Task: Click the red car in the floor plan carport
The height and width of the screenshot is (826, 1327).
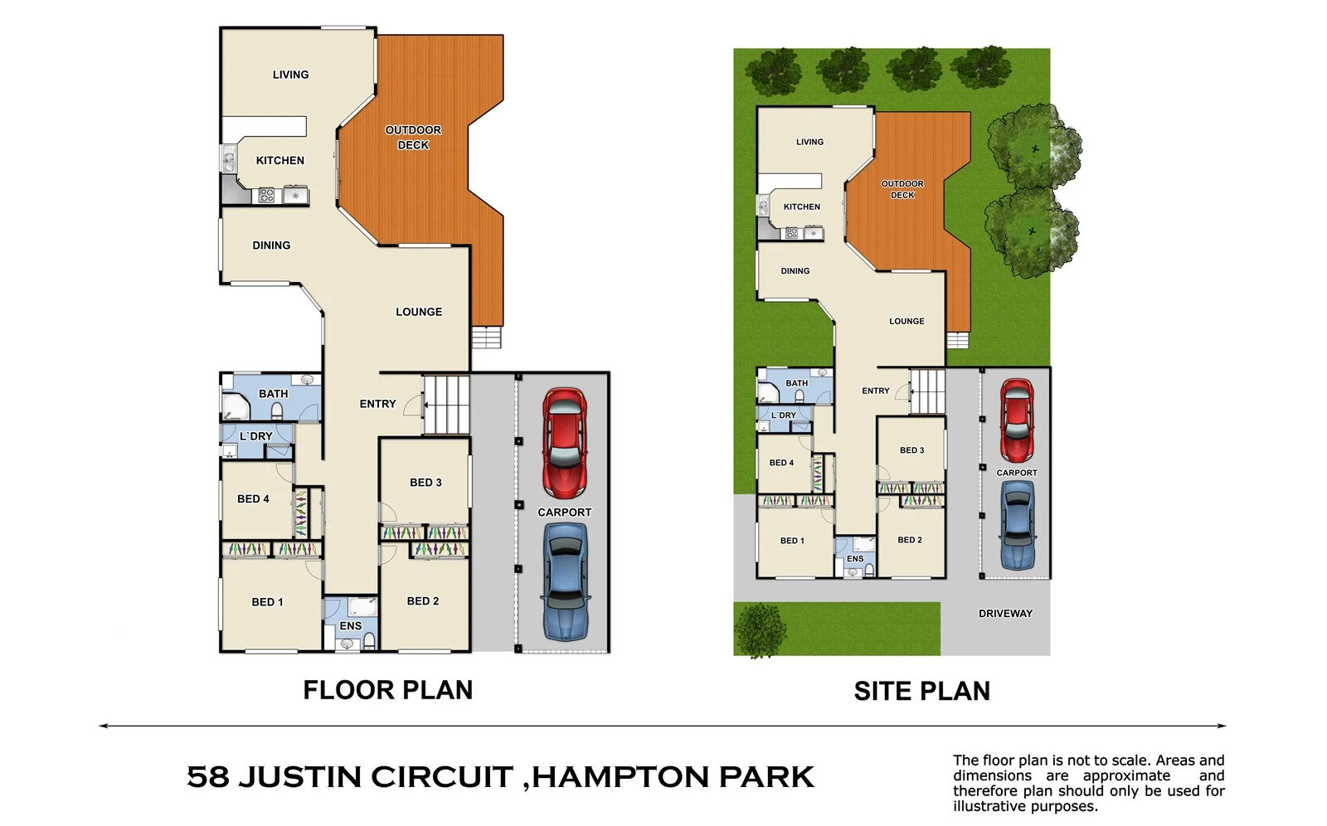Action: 565,443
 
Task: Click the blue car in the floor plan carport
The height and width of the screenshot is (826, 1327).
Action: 565,581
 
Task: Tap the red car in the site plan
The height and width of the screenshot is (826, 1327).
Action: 1016,420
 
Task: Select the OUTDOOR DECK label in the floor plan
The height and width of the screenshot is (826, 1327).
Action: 413,138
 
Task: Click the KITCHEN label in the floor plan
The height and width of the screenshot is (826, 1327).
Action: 279,161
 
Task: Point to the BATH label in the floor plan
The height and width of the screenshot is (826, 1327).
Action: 273,394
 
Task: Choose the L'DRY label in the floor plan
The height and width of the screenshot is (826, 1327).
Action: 255,436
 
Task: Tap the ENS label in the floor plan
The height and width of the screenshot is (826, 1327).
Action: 350,626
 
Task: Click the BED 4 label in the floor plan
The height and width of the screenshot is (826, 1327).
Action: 253,499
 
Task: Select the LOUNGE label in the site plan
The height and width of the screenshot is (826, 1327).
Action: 907,322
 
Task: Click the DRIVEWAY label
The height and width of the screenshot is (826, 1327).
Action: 1005,614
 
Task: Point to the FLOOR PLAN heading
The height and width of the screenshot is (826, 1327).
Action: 387,690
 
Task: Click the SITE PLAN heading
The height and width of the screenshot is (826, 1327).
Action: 921,691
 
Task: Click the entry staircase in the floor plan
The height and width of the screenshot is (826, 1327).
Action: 448,405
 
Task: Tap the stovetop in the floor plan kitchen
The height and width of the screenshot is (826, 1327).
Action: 266,196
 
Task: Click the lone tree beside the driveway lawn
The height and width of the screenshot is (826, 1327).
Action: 760,629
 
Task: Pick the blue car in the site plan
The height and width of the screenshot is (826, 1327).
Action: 1017,525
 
